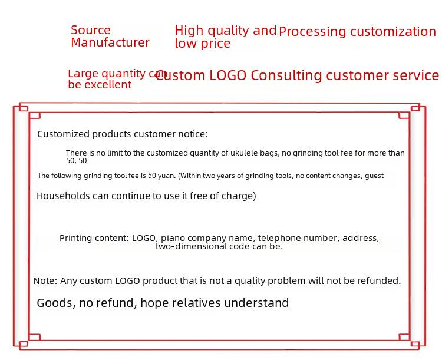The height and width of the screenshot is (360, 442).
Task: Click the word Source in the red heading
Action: (91, 30)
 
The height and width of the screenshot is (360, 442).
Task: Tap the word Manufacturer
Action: (110, 42)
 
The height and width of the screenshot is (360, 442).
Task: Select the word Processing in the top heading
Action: (312, 32)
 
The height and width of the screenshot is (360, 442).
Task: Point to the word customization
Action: (393, 31)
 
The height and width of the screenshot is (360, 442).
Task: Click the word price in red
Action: (216, 43)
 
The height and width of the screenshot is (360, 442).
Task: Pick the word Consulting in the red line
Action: (286, 75)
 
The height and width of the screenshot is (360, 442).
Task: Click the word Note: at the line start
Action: (45, 281)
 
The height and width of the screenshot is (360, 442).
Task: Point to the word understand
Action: (256, 303)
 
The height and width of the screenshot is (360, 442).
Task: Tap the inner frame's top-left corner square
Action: (35, 115)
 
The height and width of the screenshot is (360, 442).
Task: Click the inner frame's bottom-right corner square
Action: (404, 337)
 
